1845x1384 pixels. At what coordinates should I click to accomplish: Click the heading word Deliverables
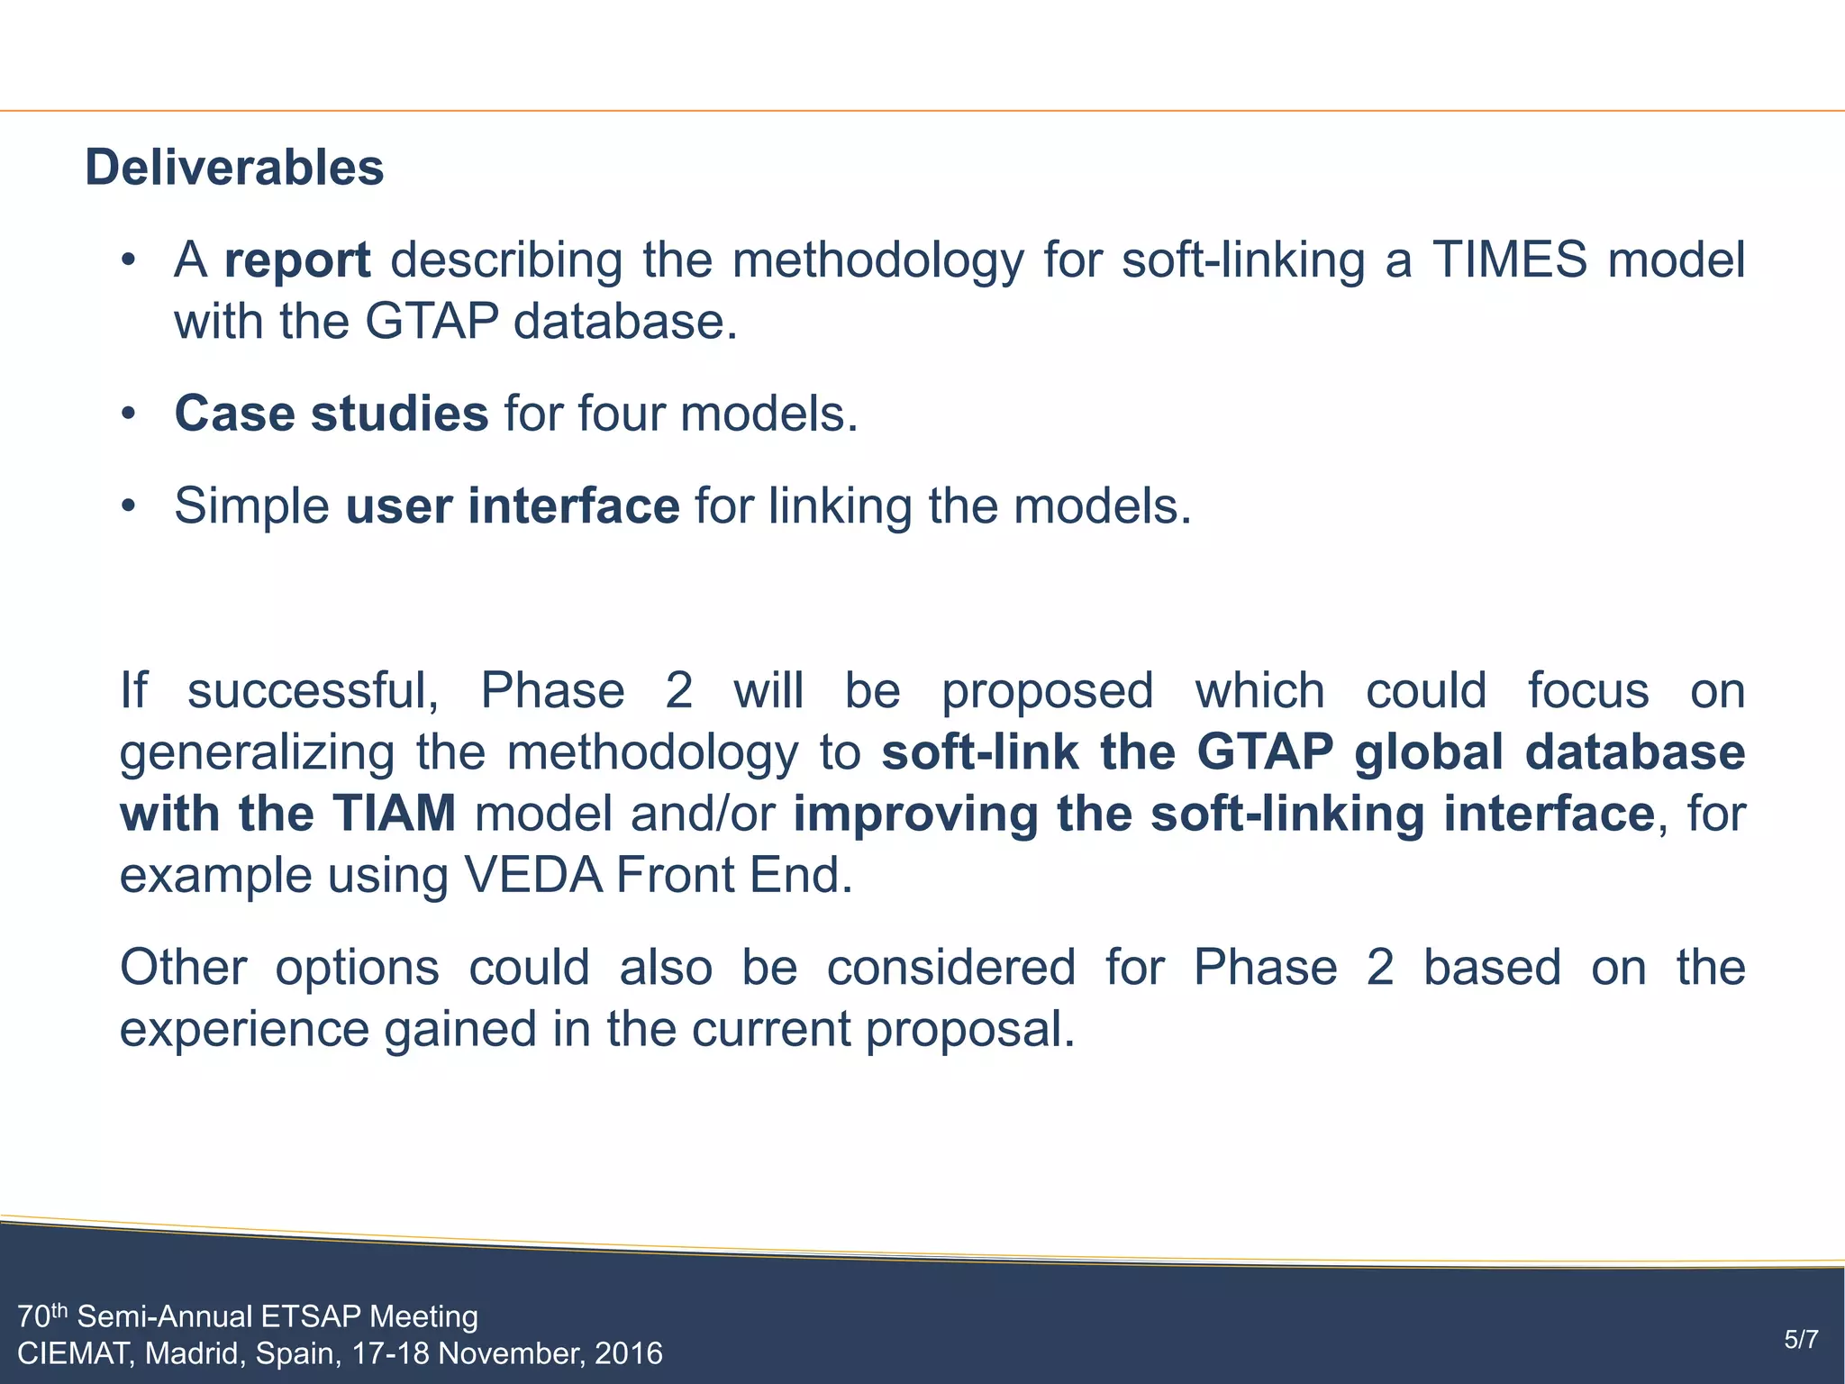pos(234,168)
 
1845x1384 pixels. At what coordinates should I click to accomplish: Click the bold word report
pos(297,260)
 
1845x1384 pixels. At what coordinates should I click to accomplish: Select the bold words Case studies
pos(331,414)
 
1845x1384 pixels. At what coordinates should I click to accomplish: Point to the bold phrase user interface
pos(513,506)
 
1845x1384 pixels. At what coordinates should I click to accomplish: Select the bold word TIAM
pos(394,815)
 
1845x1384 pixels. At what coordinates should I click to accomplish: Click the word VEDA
pos(532,876)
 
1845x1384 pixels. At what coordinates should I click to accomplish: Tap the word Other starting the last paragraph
pos(183,969)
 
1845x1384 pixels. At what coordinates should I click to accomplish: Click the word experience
pos(244,1030)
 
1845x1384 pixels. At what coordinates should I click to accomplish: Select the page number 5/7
pos(1801,1340)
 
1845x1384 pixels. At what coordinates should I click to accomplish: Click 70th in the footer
pos(42,1317)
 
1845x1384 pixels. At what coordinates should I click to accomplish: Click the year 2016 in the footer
pos(628,1354)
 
